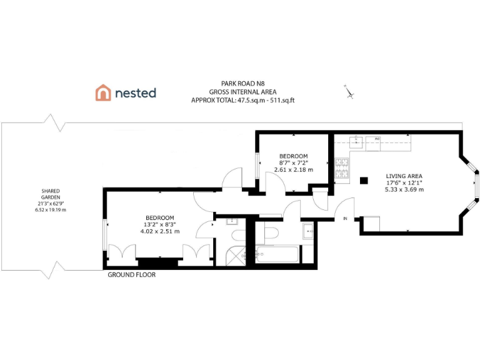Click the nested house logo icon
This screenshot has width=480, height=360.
102,93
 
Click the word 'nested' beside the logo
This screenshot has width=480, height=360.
135,93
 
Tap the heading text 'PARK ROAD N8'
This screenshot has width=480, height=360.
242,82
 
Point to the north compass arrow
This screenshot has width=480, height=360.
349,92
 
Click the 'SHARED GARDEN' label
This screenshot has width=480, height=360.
51,194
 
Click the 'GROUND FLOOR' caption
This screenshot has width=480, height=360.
131,275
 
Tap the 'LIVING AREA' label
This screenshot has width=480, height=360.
405,176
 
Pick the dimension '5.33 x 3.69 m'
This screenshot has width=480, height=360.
405,189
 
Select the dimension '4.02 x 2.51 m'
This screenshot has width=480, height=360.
160,231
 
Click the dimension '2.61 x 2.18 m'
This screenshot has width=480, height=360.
293,169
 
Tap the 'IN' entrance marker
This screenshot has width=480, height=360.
345,218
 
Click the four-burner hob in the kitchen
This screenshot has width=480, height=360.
343,168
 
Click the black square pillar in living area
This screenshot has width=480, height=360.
363,181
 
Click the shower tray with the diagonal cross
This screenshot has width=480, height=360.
235,254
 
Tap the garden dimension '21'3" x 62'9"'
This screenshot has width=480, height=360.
51,203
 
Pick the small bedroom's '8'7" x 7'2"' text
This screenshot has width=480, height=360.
293,162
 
